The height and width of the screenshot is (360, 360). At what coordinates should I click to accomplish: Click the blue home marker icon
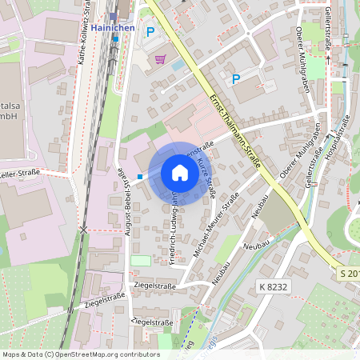[x=180, y=173]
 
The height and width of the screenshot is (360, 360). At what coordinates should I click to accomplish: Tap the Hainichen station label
[x=116, y=26]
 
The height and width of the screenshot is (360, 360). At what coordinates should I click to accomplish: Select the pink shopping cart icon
[x=161, y=58]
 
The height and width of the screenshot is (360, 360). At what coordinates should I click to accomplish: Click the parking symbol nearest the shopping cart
[x=150, y=32]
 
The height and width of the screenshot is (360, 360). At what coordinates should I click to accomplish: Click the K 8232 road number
[x=273, y=286]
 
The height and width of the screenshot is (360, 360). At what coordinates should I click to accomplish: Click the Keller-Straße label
[x=20, y=174]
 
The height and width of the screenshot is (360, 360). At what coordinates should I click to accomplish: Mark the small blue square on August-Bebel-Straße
[x=140, y=176]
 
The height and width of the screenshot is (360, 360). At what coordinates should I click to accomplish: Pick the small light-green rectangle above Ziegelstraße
[x=140, y=260]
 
